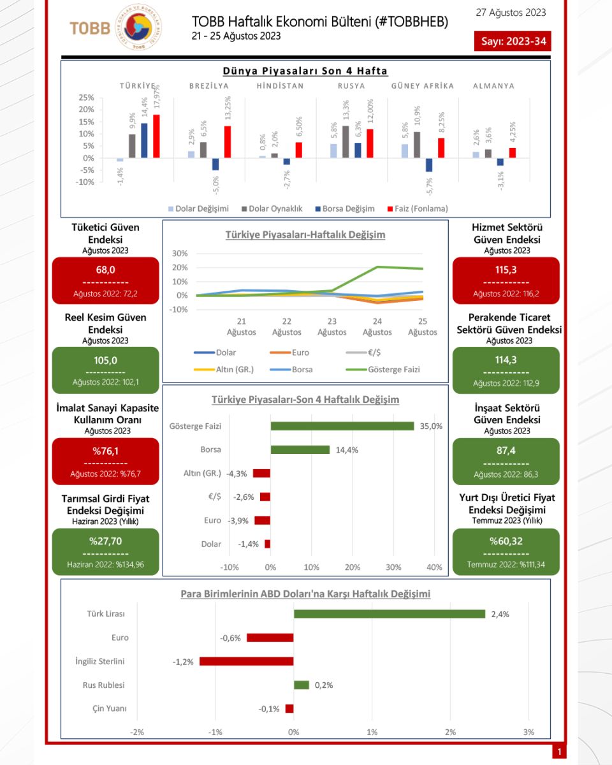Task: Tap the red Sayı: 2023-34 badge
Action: tap(513, 41)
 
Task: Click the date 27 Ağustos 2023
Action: tap(511, 13)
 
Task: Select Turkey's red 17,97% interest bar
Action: tap(156, 136)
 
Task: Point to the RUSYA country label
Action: tap(352, 85)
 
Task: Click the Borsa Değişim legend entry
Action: tap(345, 208)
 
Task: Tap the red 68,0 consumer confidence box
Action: tap(105, 281)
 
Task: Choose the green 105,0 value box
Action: tap(105, 370)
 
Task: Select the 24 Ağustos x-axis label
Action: tap(377, 327)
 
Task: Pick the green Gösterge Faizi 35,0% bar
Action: tap(342, 426)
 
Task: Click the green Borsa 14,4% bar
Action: tap(300, 449)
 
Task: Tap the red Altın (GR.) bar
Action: tap(261, 473)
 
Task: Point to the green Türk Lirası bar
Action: tap(390, 614)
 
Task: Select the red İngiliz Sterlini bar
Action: tap(246, 661)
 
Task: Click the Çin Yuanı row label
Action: tap(105, 708)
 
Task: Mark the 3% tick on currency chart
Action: tap(528, 731)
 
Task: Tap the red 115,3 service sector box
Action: tap(506, 281)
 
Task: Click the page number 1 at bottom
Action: tap(559, 752)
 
